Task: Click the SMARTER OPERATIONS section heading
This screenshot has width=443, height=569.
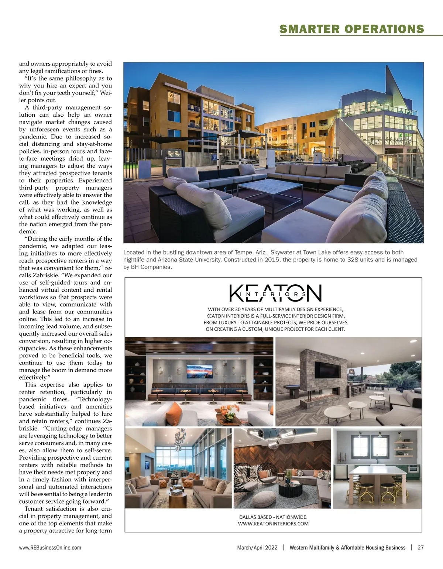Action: click(351, 29)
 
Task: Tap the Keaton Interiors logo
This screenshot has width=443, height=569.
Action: click(275, 293)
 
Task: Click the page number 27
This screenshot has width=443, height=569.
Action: click(420, 548)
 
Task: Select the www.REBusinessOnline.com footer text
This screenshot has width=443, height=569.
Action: click(50, 548)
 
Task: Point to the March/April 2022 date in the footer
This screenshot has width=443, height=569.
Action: click(257, 548)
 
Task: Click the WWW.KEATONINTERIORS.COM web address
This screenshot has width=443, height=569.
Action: click(273, 524)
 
